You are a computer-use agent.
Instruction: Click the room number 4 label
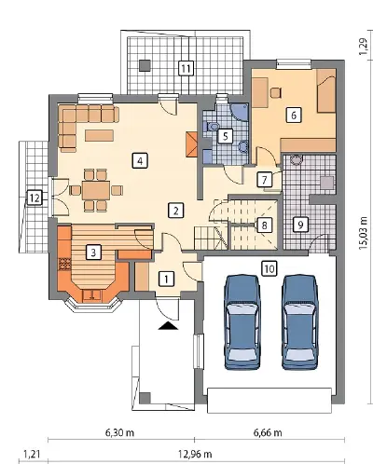(140, 160)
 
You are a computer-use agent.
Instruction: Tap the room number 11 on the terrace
(186, 68)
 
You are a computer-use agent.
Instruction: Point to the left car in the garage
(242, 321)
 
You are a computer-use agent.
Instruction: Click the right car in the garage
(299, 321)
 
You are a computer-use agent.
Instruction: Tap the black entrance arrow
(168, 325)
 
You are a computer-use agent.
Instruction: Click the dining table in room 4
(96, 190)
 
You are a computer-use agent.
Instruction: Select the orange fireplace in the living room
(192, 143)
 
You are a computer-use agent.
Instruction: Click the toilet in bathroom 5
(211, 128)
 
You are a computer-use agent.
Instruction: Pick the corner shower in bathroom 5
(240, 110)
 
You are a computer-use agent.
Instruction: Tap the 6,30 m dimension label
(119, 432)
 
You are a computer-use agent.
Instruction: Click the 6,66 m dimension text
(268, 432)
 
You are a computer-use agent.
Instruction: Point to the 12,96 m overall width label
(195, 454)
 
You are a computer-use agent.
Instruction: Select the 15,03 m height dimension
(363, 228)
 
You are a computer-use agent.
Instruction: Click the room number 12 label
(35, 198)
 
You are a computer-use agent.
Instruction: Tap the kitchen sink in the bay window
(91, 295)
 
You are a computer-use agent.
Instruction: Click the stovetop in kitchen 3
(64, 264)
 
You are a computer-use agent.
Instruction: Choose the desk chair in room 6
(276, 92)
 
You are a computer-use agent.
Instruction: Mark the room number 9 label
(300, 225)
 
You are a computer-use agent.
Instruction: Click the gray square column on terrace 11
(145, 65)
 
